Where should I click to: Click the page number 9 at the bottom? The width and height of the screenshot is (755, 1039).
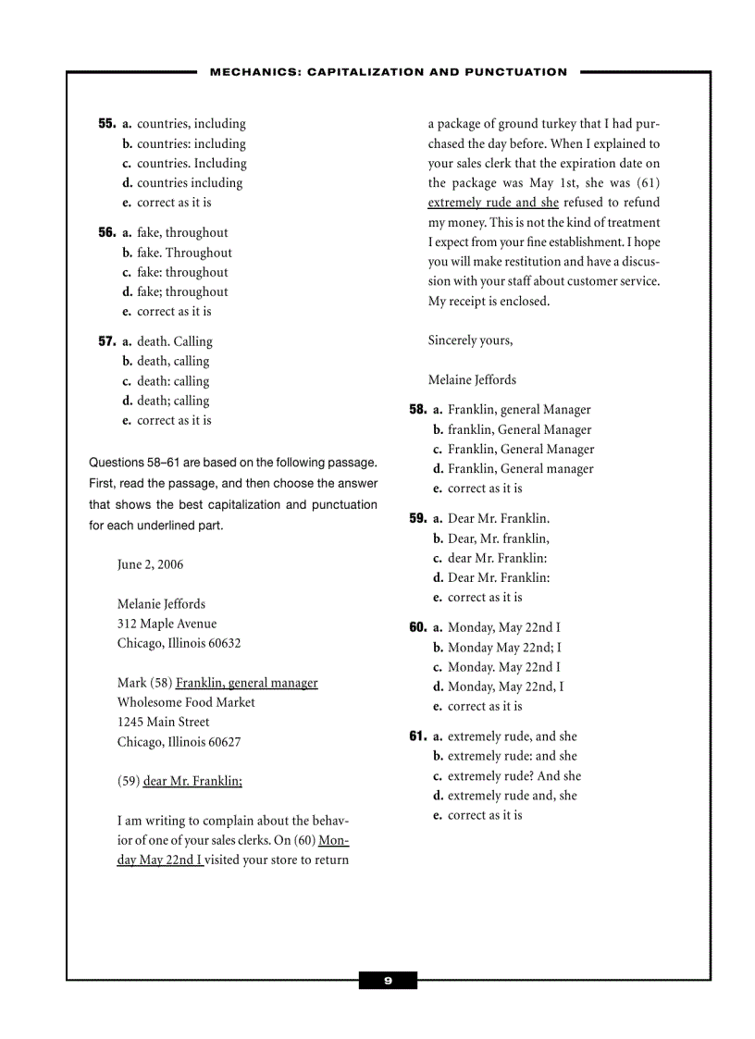(x=388, y=981)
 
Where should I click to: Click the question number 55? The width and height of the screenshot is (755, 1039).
(x=107, y=124)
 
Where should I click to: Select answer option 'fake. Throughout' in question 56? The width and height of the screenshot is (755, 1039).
(x=184, y=253)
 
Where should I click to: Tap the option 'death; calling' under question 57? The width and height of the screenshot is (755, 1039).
(x=173, y=401)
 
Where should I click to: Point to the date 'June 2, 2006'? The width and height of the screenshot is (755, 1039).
(x=150, y=564)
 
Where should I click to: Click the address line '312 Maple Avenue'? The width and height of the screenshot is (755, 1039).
(x=167, y=624)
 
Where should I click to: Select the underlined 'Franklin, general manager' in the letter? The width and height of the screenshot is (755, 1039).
(x=246, y=683)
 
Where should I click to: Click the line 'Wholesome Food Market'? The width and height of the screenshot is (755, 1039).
(x=186, y=702)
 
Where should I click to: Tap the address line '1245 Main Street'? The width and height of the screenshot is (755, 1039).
(x=163, y=722)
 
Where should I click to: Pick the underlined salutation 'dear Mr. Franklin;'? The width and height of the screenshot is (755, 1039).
(x=192, y=781)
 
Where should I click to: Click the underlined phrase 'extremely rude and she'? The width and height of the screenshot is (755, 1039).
(x=492, y=203)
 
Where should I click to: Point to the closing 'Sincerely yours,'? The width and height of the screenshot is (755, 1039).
(x=470, y=340)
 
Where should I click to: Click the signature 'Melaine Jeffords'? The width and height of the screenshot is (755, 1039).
(x=472, y=379)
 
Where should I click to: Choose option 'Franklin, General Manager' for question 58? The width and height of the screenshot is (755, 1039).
(x=521, y=450)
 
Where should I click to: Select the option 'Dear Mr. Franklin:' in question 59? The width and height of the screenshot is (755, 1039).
(x=499, y=577)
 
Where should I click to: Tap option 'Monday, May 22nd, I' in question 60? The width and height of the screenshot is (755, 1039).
(x=505, y=686)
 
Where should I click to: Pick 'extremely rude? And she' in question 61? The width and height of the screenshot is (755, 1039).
(x=514, y=776)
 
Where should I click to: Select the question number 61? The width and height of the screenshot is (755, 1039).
(x=417, y=736)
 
